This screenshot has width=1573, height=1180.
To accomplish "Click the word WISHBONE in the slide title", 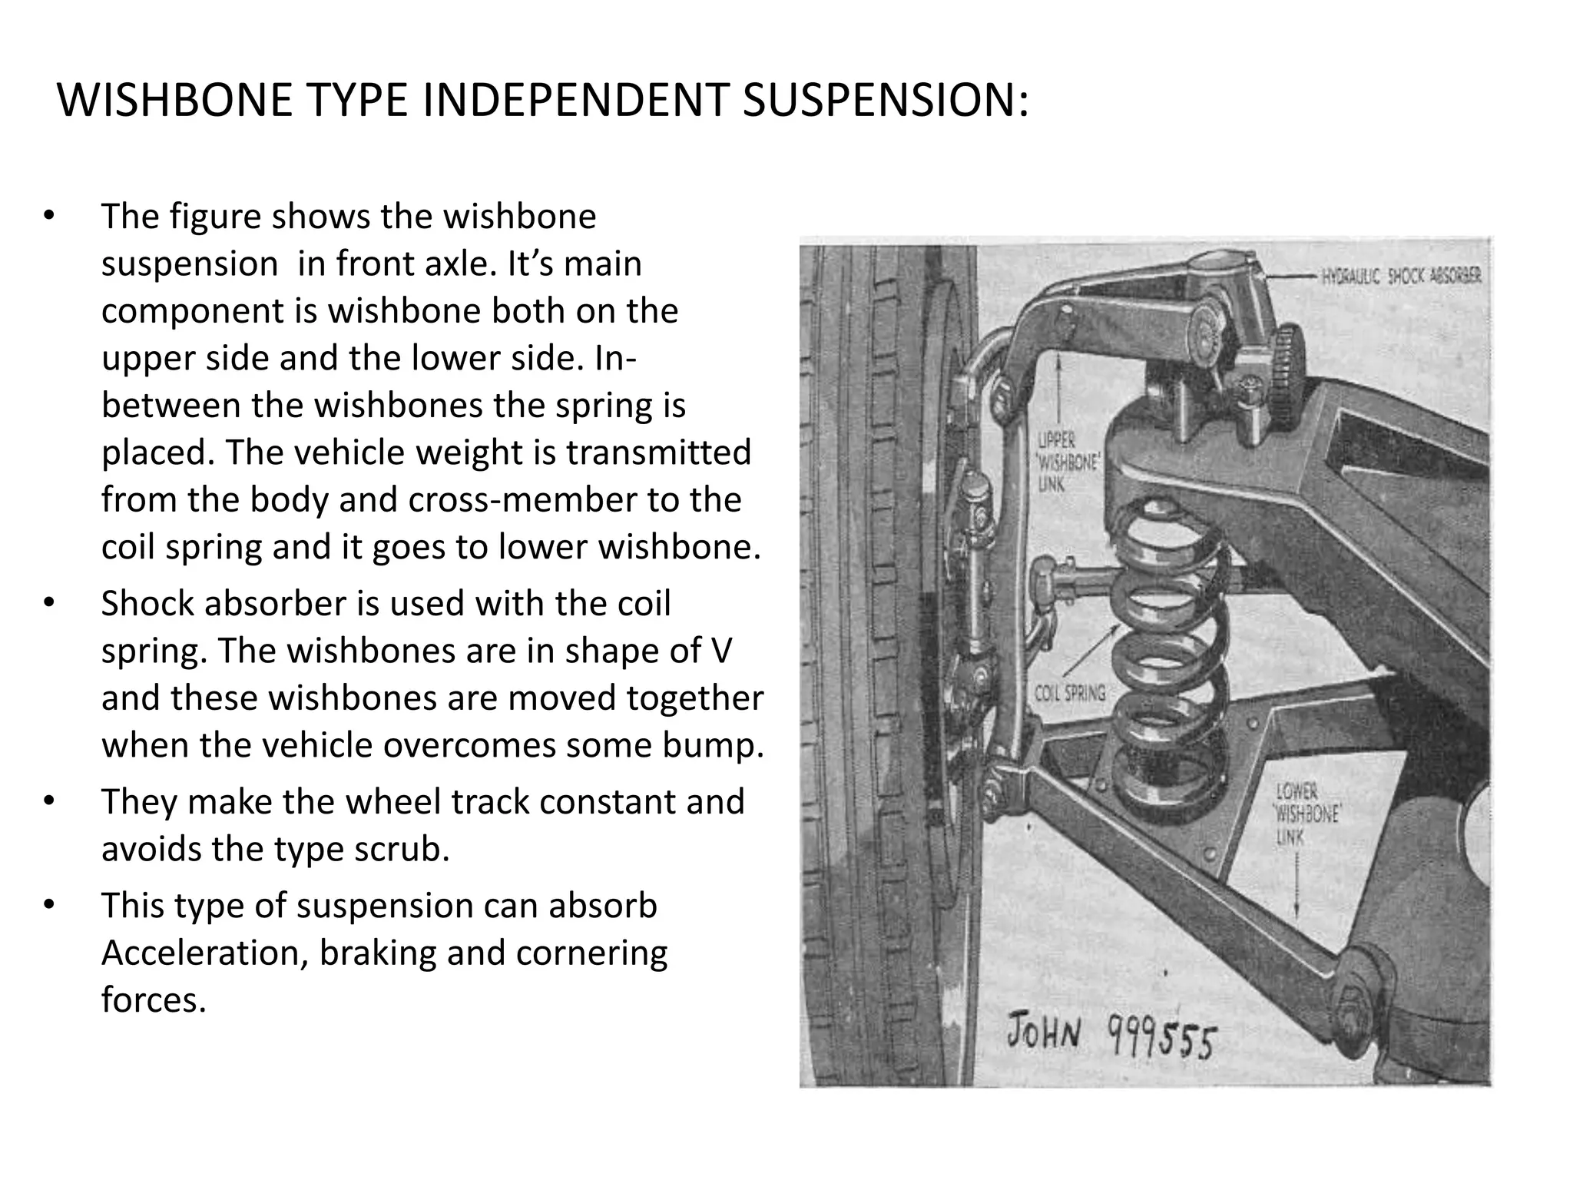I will [x=175, y=100].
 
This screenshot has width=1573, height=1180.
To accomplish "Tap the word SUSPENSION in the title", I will [x=884, y=100].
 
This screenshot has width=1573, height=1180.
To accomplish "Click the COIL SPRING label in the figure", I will [x=1070, y=694].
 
